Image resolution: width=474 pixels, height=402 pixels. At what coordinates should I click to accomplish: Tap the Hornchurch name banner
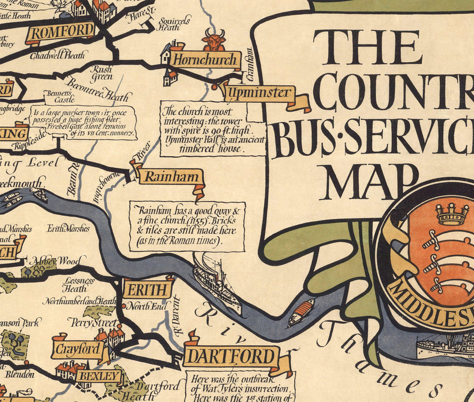[x=205, y=60]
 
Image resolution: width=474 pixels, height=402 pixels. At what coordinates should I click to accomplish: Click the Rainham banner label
[x=165, y=176]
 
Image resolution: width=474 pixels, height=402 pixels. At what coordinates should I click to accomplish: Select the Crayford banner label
[x=77, y=348]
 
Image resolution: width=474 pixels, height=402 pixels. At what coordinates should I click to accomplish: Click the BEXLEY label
[x=98, y=376]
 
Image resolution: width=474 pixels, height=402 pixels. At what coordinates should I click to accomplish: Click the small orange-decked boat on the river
[x=301, y=312]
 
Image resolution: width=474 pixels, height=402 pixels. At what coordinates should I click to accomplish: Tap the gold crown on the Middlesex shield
[x=452, y=214]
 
